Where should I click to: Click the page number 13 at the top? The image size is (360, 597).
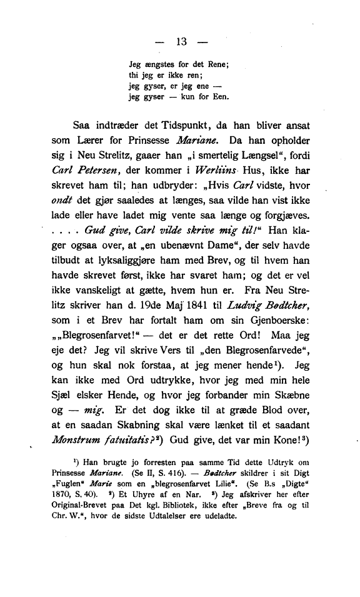(x=182, y=43)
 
